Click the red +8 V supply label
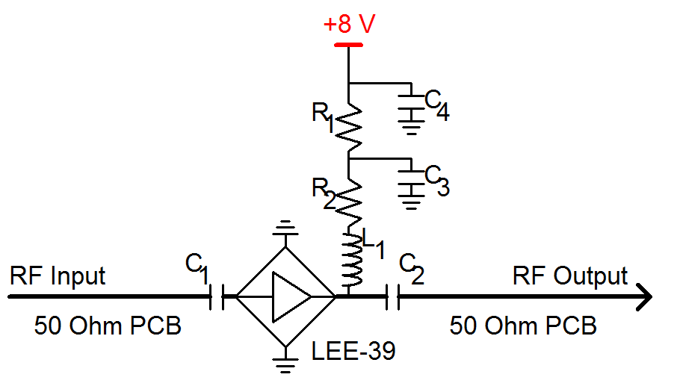coord(348,24)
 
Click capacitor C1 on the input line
coord(216,296)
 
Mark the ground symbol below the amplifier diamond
coord(285,366)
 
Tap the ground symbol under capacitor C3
coord(410,199)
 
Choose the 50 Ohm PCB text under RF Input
coord(108,326)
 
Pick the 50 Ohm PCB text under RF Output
coord(523,326)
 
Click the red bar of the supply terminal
coord(348,45)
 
